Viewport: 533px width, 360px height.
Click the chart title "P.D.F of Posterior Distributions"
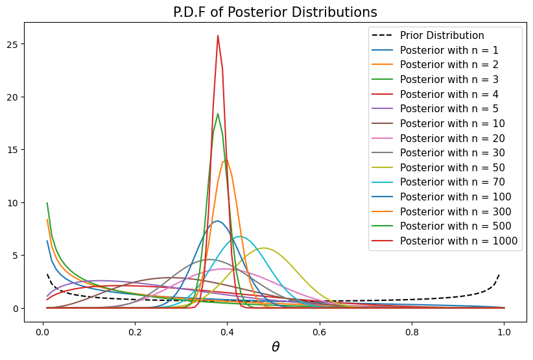point(275,12)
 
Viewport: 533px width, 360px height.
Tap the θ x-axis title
point(275,347)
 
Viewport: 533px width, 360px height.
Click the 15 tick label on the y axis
point(15,150)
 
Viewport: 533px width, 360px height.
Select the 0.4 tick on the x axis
point(227,330)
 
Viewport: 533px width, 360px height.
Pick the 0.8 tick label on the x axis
point(411,330)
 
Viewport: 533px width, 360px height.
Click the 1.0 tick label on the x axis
point(503,330)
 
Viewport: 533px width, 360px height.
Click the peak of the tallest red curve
point(218,36)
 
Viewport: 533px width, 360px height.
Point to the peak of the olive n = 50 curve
point(264,248)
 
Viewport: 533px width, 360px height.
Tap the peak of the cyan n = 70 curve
point(241,237)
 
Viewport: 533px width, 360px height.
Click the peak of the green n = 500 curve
point(218,114)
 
